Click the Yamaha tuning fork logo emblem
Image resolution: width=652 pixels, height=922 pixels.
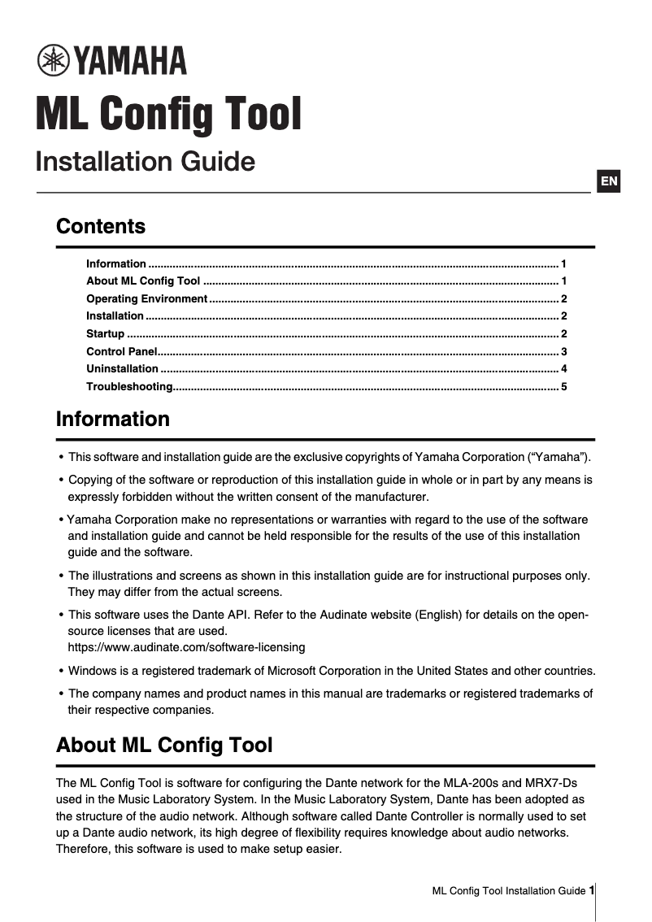pos(54,61)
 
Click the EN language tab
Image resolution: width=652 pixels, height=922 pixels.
pos(609,181)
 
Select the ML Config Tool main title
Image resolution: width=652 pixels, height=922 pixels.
pos(168,114)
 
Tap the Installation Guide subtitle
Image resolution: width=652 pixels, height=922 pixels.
pos(145,161)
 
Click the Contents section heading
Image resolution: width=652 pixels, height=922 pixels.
pos(101,226)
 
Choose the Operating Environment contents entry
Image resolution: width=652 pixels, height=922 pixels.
pos(146,298)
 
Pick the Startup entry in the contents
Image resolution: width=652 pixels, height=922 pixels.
pos(106,334)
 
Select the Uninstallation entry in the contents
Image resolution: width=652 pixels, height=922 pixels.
pos(122,369)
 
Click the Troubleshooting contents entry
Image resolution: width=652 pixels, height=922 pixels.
pos(129,386)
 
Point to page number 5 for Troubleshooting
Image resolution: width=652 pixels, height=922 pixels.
pos(563,386)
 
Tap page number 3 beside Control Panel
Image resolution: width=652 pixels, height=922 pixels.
pos(563,351)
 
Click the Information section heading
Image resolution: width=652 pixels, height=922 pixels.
pos(113,420)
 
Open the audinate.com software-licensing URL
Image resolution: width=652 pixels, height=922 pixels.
pos(186,647)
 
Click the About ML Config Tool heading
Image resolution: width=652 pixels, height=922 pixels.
pos(164,745)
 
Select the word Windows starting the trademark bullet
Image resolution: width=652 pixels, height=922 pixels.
pos(91,671)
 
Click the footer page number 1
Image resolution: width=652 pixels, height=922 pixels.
pos(591,890)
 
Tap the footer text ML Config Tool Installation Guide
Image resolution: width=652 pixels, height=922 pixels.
pos(508,891)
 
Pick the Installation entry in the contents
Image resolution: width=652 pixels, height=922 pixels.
pos(115,316)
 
